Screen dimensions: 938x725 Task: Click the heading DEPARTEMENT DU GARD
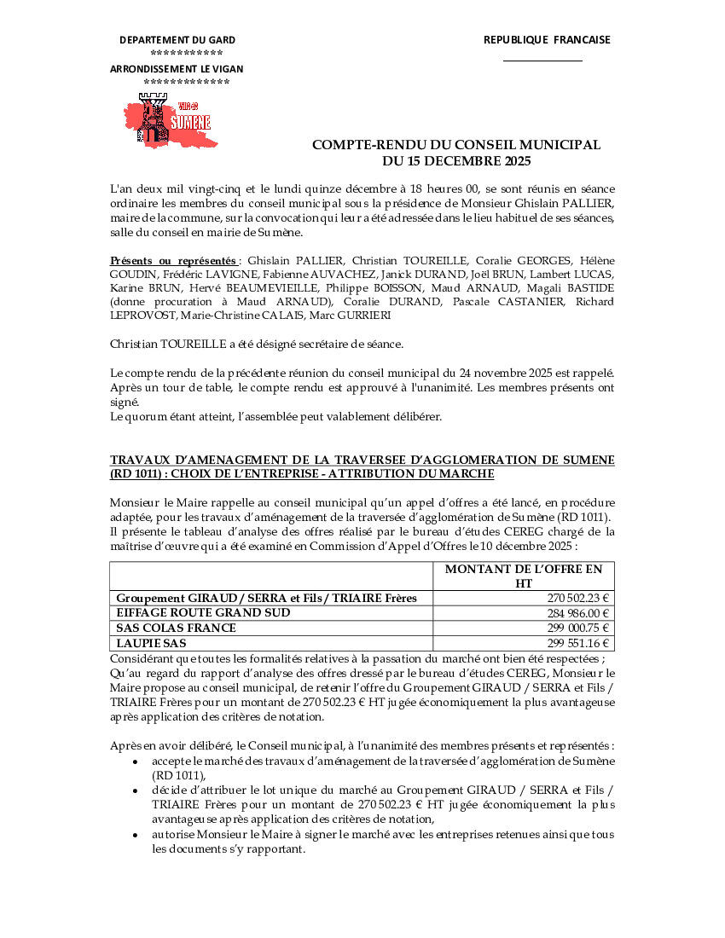177,40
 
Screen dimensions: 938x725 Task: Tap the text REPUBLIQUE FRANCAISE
547,39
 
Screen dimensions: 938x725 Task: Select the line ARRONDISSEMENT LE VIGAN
177,68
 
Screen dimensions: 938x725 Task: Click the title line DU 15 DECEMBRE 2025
455,160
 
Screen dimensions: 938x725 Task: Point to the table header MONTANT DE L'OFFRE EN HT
524,576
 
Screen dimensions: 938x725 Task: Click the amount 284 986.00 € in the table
577,613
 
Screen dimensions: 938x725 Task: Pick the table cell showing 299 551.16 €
577,644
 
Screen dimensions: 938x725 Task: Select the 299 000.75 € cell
577,628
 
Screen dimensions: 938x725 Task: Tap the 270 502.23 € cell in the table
577,598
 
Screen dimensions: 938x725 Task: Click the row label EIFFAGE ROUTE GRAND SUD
203,613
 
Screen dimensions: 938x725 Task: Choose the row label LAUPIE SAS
151,644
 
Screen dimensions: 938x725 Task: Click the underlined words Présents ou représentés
173,260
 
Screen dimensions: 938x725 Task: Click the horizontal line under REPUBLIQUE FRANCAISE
542,61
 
